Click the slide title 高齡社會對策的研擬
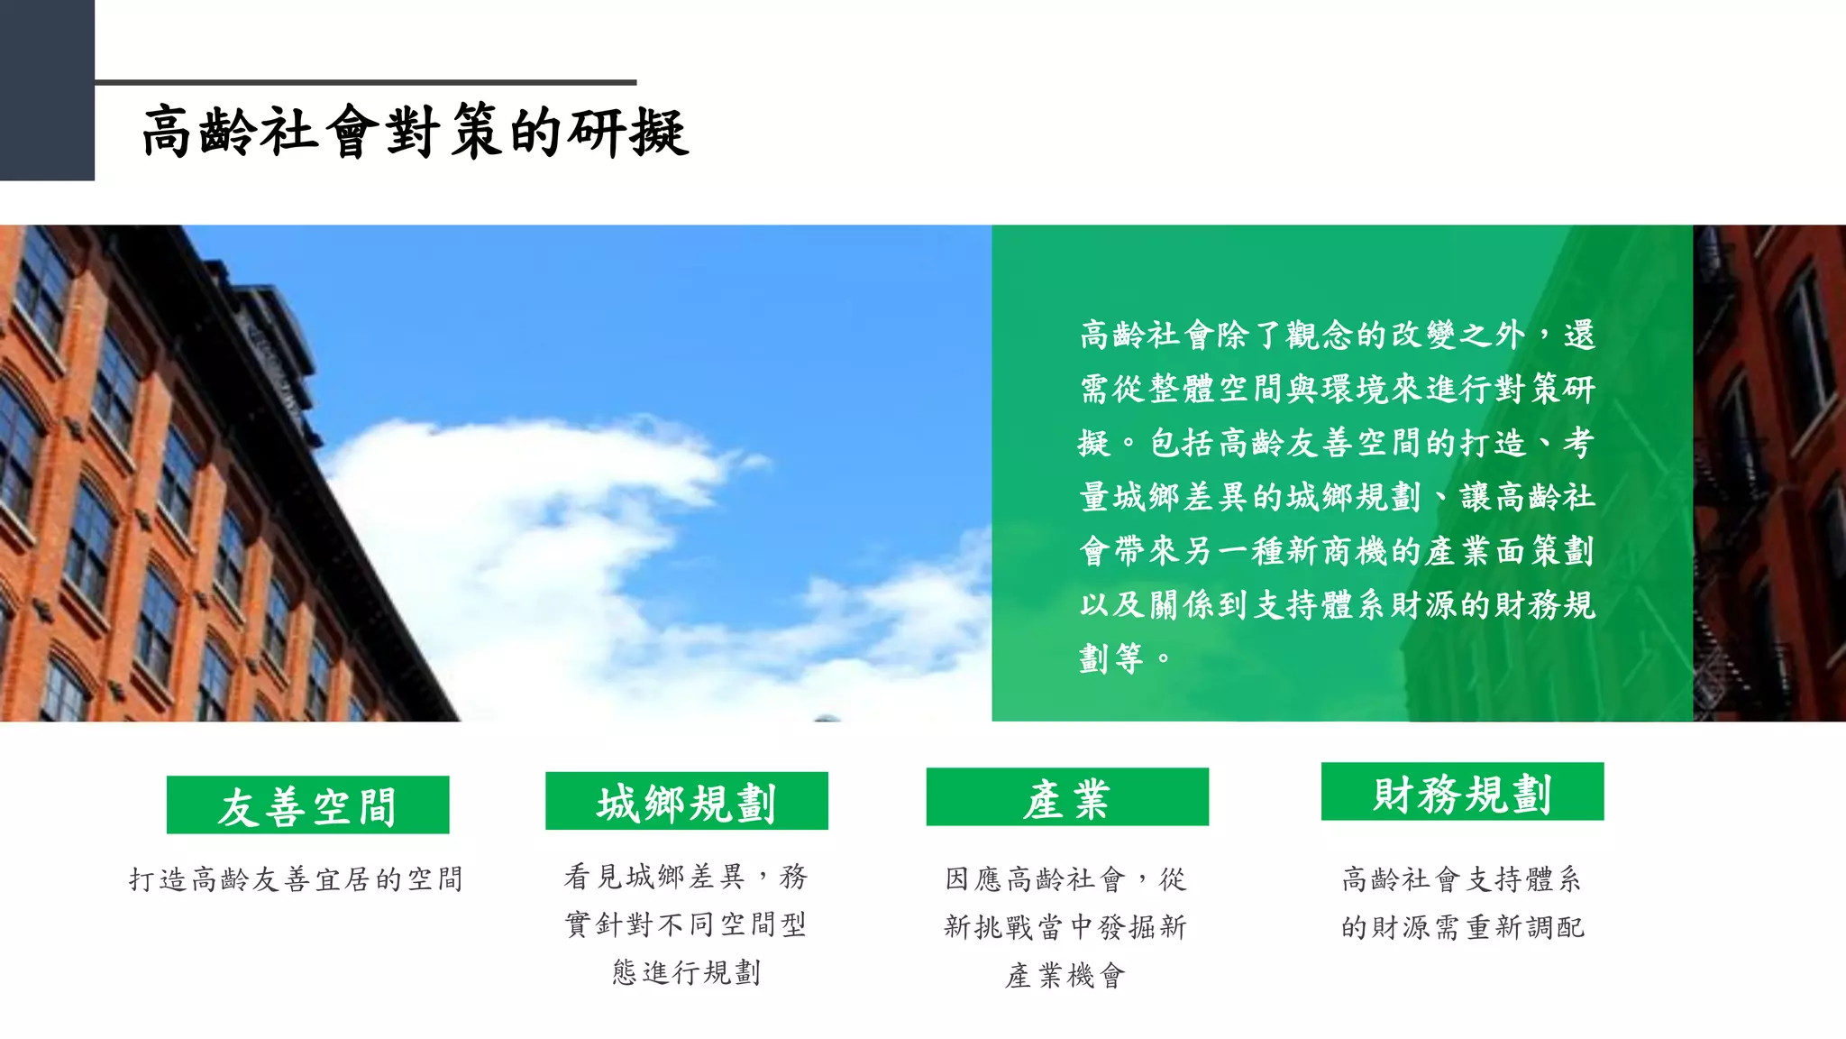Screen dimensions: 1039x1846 click(416, 132)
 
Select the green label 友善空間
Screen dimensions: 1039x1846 click(307, 805)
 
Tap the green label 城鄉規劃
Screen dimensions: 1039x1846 click(686, 801)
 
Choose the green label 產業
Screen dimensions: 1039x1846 click(1067, 797)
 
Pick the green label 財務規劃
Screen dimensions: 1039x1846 click(1462, 793)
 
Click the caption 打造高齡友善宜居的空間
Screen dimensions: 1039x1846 click(296, 879)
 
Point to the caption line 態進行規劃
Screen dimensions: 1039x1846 click(686, 972)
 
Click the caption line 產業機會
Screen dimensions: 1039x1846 click(1065, 975)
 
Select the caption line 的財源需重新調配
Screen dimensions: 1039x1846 click(1462, 927)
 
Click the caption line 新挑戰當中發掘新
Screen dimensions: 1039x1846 click(1065, 927)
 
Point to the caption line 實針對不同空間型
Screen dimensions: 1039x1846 click(686, 924)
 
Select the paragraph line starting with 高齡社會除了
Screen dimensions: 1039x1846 click(1338, 335)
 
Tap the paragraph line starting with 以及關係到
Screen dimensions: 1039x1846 click(1338, 604)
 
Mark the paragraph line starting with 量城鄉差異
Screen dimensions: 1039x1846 click(1338, 496)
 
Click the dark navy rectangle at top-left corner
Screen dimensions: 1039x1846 click(47, 90)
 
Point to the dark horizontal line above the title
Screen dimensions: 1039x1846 click(365, 82)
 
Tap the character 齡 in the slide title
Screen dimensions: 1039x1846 click(228, 132)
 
